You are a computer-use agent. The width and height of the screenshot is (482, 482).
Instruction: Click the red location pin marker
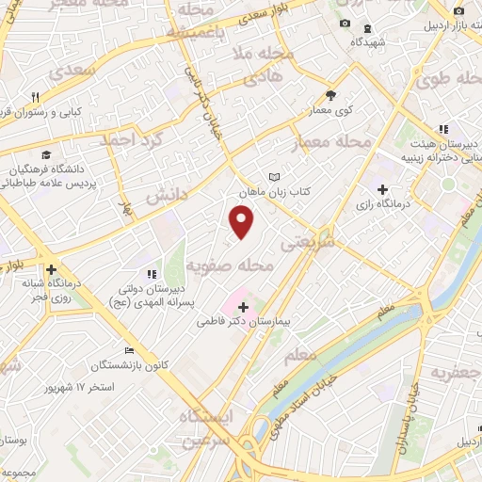pyautogui.click(x=242, y=221)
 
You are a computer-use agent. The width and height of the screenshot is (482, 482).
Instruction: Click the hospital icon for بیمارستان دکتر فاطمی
pyautogui.click(x=243, y=307)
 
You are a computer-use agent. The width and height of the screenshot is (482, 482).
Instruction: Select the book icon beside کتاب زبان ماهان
pyautogui.click(x=274, y=177)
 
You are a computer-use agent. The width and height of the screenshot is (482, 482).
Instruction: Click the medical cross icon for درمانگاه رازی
pyautogui.click(x=382, y=189)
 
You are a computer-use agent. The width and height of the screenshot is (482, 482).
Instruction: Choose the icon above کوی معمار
pyautogui.click(x=330, y=94)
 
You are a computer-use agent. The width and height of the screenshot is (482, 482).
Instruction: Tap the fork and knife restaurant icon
pyautogui.click(x=36, y=96)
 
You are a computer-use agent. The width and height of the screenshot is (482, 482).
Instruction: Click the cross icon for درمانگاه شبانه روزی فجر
pyautogui.click(x=50, y=268)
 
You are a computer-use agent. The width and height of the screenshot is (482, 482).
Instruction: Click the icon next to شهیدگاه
pyautogui.click(x=366, y=28)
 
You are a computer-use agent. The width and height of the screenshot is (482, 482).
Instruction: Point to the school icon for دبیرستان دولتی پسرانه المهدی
pyautogui.click(x=150, y=274)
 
